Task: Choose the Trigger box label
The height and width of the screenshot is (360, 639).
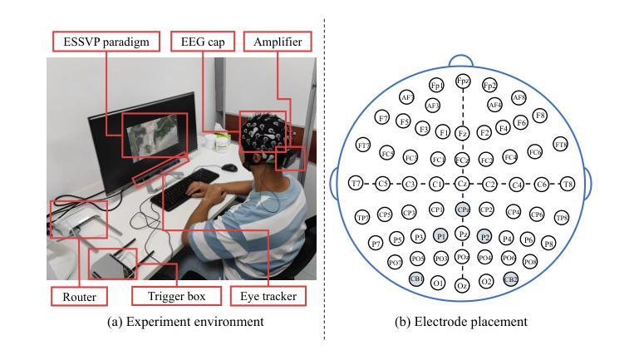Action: (176, 296)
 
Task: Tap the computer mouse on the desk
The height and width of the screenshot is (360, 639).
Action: (229, 167)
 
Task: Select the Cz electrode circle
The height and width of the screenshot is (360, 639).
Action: (463, 184)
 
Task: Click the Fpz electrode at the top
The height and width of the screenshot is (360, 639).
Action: (463, 81)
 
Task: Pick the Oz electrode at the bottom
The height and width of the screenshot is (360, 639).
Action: (463, 285)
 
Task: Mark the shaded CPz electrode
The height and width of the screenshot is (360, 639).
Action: (463, 210)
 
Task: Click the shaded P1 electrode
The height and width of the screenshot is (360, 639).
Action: (440, 236)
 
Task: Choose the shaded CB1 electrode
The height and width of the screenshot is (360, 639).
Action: (416, 279)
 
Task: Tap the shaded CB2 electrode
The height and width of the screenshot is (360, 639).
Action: (510, 279)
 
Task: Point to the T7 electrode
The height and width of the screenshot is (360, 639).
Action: (356, 184)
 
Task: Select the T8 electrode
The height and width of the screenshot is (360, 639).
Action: (568, 184)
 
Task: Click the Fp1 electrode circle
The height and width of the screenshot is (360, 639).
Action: (436, 86)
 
